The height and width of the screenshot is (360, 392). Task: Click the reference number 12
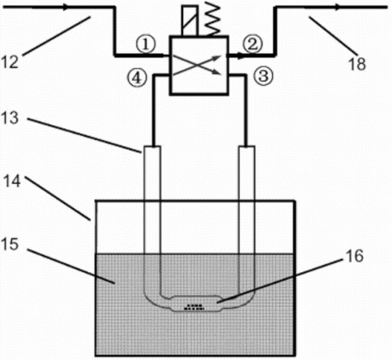click(10, 62)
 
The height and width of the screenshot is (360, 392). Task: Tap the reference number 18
click(357, 64)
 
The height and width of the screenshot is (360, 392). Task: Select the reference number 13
click(10, 118)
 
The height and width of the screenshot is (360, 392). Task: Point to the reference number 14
click(12, 181)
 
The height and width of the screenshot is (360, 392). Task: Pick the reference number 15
click(10, 244)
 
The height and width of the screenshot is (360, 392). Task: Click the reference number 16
click(354, 256)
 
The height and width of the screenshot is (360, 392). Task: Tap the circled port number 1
click(146, 45)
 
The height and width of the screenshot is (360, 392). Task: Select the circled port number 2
click(254, 44)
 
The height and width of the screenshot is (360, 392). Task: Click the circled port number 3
click(263, 75)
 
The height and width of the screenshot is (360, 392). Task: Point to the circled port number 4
click(137, 78)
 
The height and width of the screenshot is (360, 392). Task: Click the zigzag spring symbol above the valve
click(213, 19)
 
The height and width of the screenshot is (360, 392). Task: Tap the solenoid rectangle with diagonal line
click(190, 20)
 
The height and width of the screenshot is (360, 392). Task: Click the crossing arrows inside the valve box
click(198, 66)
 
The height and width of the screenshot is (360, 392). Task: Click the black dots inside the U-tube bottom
click(194, 307)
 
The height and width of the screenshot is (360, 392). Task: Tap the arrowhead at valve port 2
click(241, 56)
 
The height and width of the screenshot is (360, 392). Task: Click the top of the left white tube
click(152, 146)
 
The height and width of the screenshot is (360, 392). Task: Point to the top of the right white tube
click(246, 146)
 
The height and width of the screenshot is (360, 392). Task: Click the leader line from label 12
click(57, 36)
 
